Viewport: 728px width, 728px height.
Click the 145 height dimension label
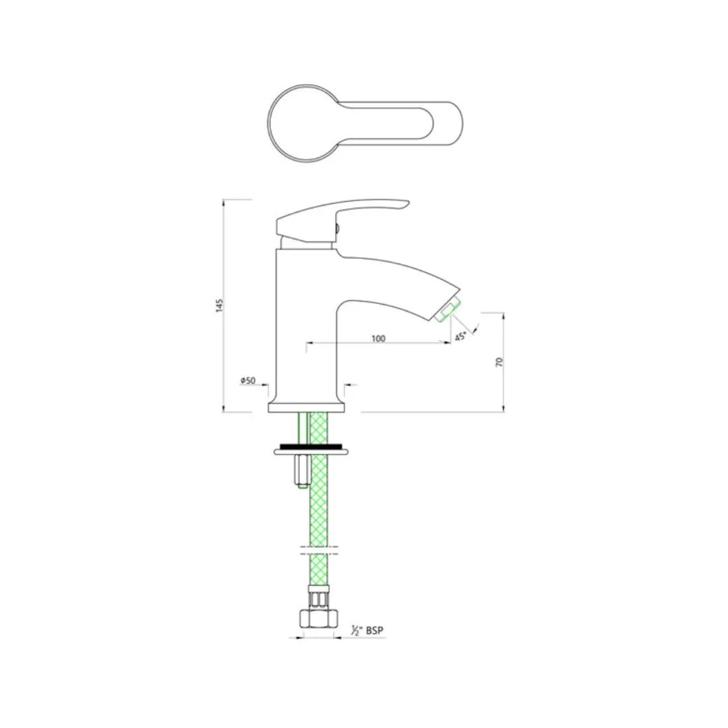[220, 305]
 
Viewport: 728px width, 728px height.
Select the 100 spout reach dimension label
[378, 338]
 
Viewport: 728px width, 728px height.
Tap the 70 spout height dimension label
[499, 362]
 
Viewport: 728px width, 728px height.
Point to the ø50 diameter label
[248, 381]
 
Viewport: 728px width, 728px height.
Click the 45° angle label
[460, 336]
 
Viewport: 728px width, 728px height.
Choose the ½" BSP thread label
[368, 630]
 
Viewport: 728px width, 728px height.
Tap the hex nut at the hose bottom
[318, 618]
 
